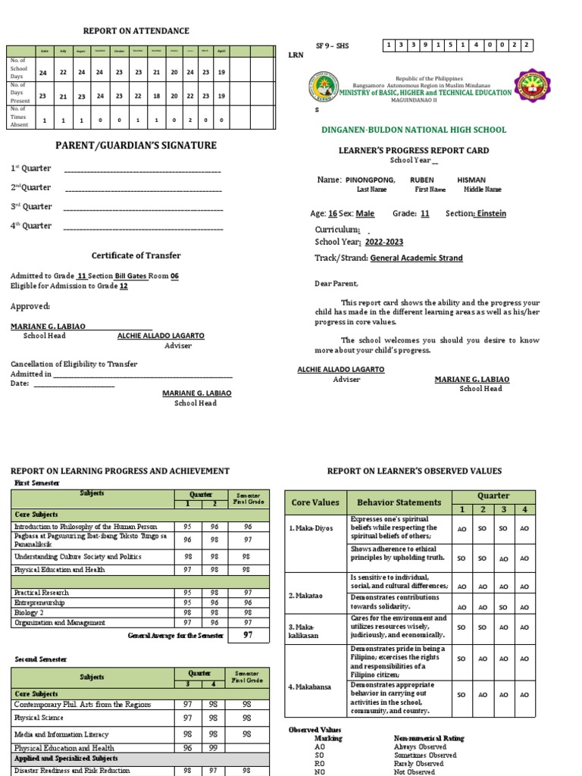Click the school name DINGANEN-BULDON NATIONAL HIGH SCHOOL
(x=414, y=130)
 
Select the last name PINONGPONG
(x=371, y=180)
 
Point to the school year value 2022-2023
(x=384, y=242)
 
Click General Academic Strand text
(x=416, y=258)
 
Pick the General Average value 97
(x=247, y=635)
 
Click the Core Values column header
(x=314, y=502)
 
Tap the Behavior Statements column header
(x=399, y=502)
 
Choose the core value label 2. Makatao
(x=305, y=596)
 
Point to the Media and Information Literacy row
(x=61, y=734)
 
